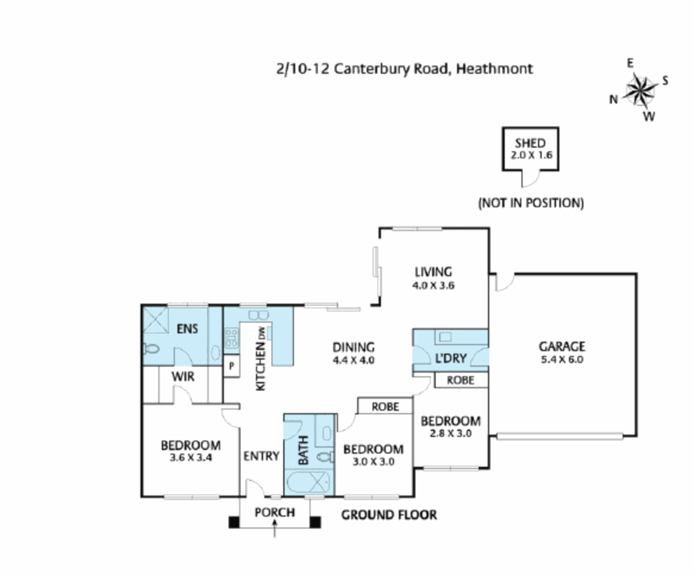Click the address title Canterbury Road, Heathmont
tap(404, 69)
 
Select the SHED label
tap(530, 143)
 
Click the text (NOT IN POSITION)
tap(530, 203)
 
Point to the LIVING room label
tap(433, 272)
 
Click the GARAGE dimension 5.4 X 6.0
tap(562, 360)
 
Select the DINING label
tap(353, 347)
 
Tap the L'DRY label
tap(451, 358)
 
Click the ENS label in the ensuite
tap(187, 329)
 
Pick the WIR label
tap(183, 376)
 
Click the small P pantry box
tap(232, 366)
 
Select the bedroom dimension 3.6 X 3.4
tap(191, 457)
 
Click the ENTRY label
tap(261, 456)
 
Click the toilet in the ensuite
tap(152, 349)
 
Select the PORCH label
tap(274, 512)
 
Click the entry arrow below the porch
tap(274, 529)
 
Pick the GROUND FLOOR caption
tap(389, 515)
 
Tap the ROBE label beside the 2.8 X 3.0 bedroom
tap(460, 380)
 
